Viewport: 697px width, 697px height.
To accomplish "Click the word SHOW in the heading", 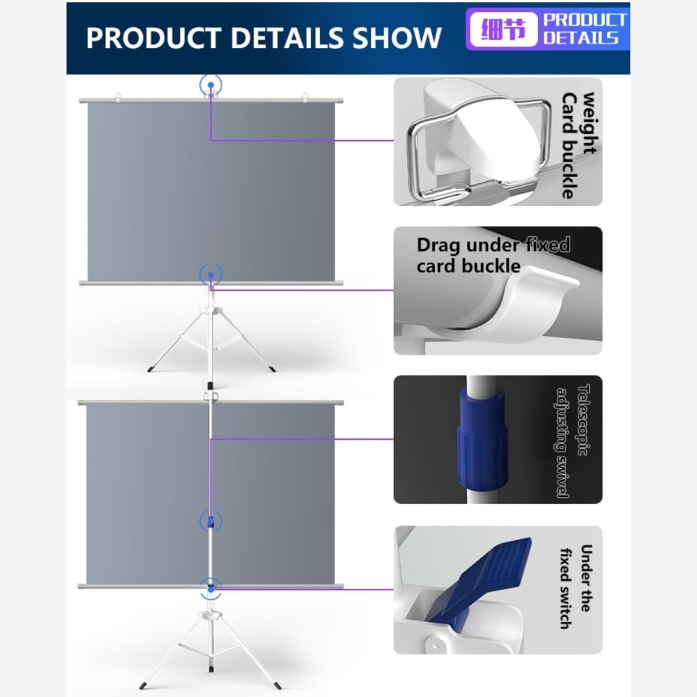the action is [x=397, y=38].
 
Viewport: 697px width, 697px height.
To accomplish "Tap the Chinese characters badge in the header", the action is [x=503, y=30].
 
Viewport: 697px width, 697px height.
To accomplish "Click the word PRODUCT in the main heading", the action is [x=153, y=38].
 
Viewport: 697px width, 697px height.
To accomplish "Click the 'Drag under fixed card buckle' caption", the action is [x=493, y=255].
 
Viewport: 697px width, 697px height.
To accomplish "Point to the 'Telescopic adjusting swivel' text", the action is [x=573, y=441].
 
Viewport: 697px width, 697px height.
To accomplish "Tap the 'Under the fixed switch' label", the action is [x=576, y=587].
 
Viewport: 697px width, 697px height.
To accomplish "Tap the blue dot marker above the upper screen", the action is [x=210, y=84].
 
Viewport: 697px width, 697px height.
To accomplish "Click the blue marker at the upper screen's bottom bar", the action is [x=210, y=275].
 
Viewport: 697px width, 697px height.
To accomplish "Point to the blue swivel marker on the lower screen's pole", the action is [x=210, y=521].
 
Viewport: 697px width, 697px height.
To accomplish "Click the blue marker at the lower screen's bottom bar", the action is [x=210, y=588].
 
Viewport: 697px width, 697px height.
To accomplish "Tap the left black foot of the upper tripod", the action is [x=150, y=369].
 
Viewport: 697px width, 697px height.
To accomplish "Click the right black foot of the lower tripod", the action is [x=278, y=685].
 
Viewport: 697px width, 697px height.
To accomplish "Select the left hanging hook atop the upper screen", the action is [x=118, y=96].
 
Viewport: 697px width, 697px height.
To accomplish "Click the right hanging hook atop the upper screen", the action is [x=305, y=96].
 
